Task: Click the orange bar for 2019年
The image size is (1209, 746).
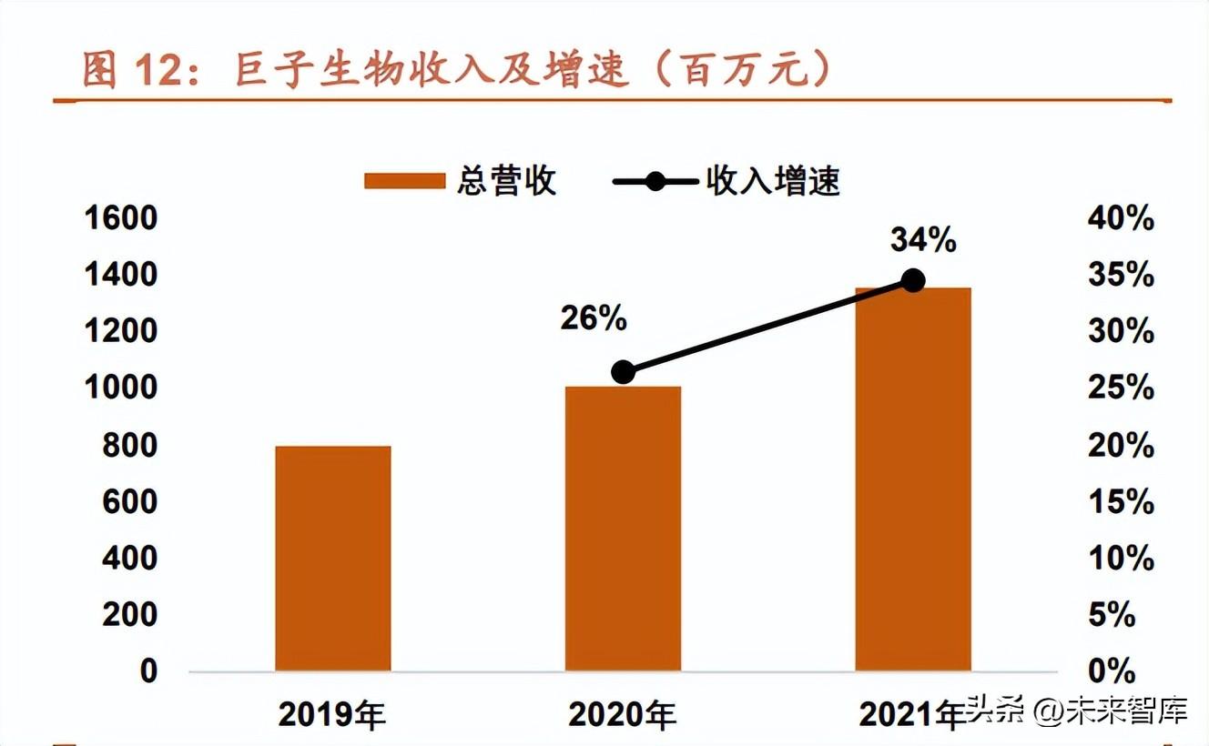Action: coord(332,559)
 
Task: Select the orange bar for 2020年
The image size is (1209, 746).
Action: coord(623,529)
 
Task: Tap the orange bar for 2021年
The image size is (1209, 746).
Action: coord(912,479)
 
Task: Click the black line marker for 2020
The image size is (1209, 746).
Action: coord(623,372)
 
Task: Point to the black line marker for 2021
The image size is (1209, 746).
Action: coord(912,281)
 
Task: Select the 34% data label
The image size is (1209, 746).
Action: coord(923,240)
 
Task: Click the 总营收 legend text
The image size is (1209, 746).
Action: coord(506,181)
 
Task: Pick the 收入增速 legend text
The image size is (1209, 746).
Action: coord(773,181)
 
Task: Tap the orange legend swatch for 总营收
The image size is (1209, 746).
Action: coord(404,181)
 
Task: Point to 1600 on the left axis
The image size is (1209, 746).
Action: coord(120,218)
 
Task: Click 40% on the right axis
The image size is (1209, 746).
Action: coord(1121,218)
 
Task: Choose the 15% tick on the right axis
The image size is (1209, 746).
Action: coord(1121,502)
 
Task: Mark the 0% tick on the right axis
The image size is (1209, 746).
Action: coord(1112,671)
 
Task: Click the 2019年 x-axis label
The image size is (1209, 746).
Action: coord(332,715)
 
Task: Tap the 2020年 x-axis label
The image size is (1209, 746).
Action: coord(623,715)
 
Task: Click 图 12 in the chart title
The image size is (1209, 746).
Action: coord(138,70)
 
